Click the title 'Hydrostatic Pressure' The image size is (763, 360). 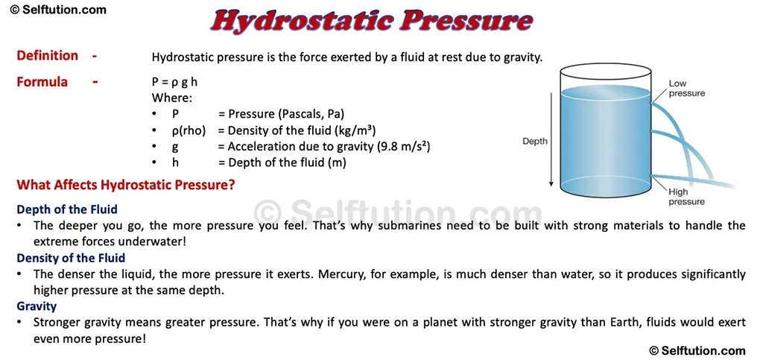point(371,21)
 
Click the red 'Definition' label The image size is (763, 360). point(47,56)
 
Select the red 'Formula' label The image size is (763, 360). point(42,82)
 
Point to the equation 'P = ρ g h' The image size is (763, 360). point(174,82)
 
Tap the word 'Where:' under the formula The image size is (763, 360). point(172,98)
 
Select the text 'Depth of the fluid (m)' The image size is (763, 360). point(287,162)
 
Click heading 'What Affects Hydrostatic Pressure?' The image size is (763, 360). point(126,185)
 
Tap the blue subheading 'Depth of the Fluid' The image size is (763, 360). point(67,209)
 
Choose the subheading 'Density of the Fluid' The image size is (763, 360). point(71,258)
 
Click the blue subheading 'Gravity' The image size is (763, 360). point(37,306)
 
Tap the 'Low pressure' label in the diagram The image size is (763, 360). point(686,88)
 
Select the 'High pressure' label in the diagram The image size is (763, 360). point(686,197)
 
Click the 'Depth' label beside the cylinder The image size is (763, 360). point(534,141)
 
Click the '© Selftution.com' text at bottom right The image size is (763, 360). point(697,350)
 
